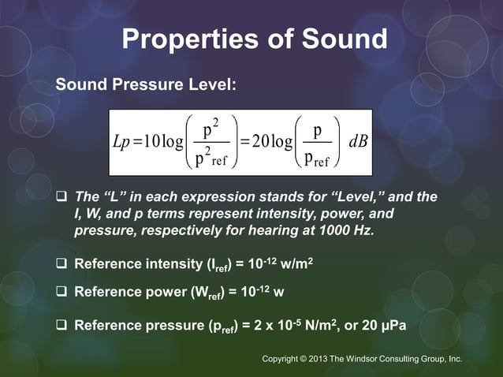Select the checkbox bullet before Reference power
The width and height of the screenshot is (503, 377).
point(61,293)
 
